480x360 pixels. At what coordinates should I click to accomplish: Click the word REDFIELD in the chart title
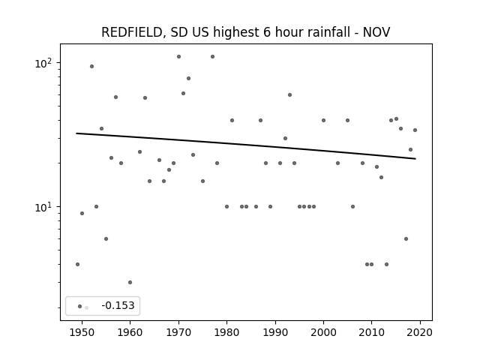click(x=132, y=32)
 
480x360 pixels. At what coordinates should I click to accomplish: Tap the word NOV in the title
click(x=376, y=32)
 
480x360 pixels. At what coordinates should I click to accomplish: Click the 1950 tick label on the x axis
click(x=82, y=332)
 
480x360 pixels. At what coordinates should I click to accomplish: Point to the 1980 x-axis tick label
click(x=226, y=332)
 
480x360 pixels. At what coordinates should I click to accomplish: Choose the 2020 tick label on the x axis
click(x=420, y=332)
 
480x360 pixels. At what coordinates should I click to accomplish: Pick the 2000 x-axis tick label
click(x=323, y=332)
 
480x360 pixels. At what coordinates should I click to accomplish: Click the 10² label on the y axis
click(x=43, y=63)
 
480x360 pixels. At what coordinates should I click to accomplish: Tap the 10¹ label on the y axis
click(x=43, y=207)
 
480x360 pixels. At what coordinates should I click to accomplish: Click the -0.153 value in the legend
click(x=118, y=305)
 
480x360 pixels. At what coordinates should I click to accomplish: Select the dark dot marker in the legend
click(x=80, y=306)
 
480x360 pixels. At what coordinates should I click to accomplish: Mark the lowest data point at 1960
click(x=130, y=282)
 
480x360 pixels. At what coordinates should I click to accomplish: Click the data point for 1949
click(x=77, y=264)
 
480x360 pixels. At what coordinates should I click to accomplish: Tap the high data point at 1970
click(x=178, y=57)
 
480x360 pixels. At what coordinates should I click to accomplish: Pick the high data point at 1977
click(x=212, y=57)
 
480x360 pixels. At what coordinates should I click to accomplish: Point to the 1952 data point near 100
click(x=91, y=67)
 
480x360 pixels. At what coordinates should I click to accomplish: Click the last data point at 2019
click(x=415, y=130)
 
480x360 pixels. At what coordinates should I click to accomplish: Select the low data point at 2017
click(x=406, y=238)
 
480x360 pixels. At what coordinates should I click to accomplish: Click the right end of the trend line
click(x=415, y=158)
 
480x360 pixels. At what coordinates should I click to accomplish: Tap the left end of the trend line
click(x=76, y=133)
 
